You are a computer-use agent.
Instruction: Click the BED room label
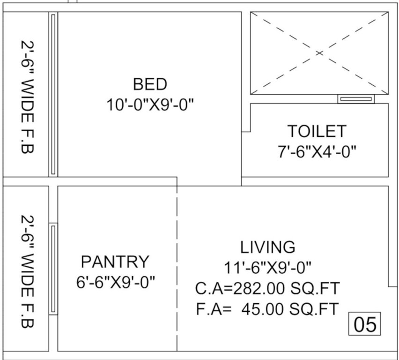pos(150,84)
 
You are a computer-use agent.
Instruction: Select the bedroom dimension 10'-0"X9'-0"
pos(150,104)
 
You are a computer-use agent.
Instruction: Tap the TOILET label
pos(317,131)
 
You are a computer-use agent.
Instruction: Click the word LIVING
pos(268,247)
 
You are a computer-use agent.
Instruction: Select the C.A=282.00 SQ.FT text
pos(268,288)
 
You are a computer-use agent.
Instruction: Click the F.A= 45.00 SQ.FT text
pos(268,308)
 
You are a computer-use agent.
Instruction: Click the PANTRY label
pos(115,261)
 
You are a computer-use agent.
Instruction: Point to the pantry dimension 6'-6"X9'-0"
pos(115,282)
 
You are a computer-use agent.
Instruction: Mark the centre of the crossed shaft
pos(319,53)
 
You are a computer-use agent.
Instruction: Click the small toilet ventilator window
pos(356,99)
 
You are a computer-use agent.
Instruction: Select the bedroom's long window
pos(53,95)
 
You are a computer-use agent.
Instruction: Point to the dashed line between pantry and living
pos(177,267)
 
